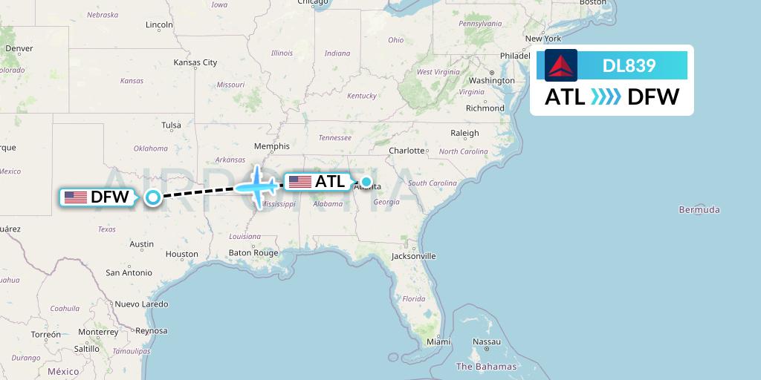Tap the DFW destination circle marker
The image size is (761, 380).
pyautogui.click(x=153, y=197)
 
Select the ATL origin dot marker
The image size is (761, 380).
pyautogui.click(x=366, y=181)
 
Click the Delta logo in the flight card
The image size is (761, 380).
pyautogui.click(x=561, y=65)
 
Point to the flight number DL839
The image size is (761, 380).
pyautogui.click(x=629, y=66)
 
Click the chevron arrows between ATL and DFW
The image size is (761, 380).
pyautogui.click(x=606, y=97)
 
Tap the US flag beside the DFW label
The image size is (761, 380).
pyautogui.click(x=75, y=197)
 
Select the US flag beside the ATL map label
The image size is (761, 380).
pyautogui.click(x=299, y=182)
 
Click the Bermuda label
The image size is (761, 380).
pyautogui.click(x=699, y=210)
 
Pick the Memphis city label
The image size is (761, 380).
pyautogui.click(x=271, y=146)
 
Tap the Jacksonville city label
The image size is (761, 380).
pyautogui.click(x=414, y=256)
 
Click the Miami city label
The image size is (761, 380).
pyautogui.click(x=438, y=342)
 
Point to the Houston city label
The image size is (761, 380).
pyautogui.click(x=182, y=254)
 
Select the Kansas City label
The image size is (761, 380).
pyautogui.click(x=195, y=63)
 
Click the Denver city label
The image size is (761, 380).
pyautogui.click(x=19, y=49)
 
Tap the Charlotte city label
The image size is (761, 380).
pyautogui.click(x=407, y=151)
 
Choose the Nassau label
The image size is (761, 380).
pyautogui.click(x=487, y=342)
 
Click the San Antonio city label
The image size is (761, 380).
pyautogui.click(x=129, y=273)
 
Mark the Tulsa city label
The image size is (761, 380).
pyautogui.click(x=171, y=125)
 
